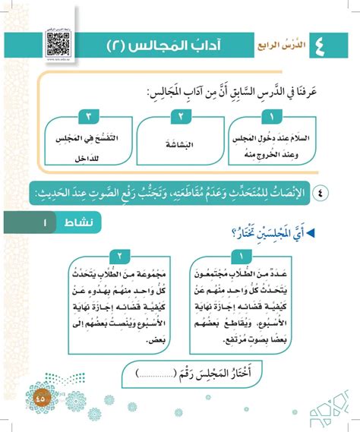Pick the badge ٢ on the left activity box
[118, 256]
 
